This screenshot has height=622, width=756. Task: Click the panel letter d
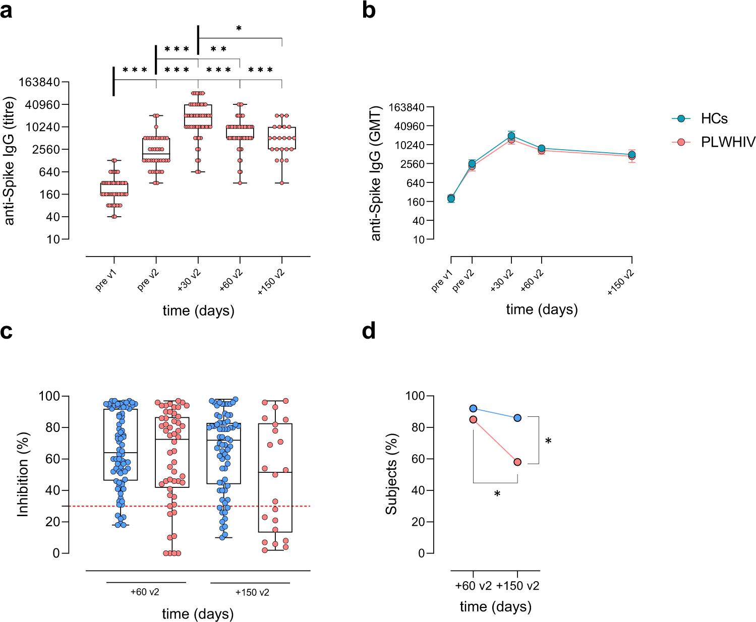tap(369, 331)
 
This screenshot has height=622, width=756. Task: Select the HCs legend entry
tap(714, 119)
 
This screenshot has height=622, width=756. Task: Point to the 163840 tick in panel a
tap(39, 82)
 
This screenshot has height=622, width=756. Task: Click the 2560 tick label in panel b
tap(410, 164)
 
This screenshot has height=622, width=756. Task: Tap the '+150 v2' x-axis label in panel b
tap(621, 282)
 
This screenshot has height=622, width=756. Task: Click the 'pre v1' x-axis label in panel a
tap(106, 280)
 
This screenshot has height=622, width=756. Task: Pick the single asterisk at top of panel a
tap(239, 29)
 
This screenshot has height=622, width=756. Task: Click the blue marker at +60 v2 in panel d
tap(473, 408)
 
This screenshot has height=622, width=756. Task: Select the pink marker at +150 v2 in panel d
tap(517, 462)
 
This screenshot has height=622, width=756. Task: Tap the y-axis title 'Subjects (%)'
tap(391, 474)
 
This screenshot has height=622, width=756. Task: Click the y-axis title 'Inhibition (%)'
tap(23, 474)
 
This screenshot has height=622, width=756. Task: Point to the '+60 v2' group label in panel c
tap(145, 592)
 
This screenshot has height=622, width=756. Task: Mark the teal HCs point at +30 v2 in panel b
tap(511, 136)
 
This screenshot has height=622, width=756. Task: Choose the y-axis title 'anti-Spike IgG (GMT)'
tap(376, 173)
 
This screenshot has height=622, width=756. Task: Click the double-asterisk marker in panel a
tap(218, 49)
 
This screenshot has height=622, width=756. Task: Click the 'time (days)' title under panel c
tap(198, 614)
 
